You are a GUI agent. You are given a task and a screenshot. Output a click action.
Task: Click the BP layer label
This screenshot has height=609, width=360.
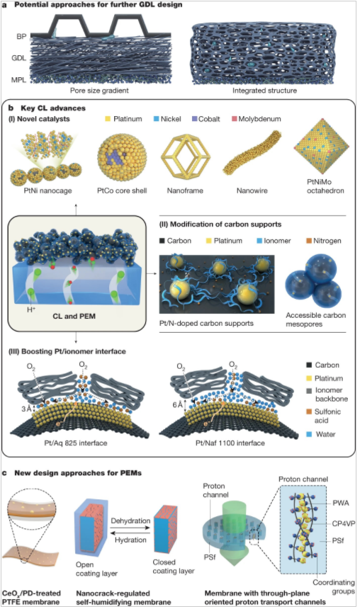click(21, 37)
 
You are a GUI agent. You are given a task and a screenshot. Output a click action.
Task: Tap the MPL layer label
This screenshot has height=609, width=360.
click(18, 79)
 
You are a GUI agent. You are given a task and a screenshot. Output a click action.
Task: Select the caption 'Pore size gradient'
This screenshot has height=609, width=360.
click(99, 91)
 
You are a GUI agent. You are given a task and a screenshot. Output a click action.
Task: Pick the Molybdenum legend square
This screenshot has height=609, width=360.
click(234, 119)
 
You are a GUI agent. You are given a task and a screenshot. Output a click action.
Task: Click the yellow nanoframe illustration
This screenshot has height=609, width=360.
click(185, 157)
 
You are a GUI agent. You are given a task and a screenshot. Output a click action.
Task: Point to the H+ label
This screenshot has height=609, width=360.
click(31, 309)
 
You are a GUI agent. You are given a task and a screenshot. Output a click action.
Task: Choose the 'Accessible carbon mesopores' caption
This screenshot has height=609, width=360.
click(315, 319)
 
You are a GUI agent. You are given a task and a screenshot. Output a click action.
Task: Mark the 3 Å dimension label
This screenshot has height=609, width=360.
click(26, 409)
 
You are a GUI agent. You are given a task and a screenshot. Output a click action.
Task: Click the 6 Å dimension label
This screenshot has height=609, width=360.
click(177, 405)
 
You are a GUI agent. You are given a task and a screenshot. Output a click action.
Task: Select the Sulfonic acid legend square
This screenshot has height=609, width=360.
click(309, 411)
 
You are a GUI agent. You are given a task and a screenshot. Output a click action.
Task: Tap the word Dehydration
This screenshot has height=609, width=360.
click(130, 520)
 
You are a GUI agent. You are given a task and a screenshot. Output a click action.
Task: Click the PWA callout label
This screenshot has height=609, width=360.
click(341, 503)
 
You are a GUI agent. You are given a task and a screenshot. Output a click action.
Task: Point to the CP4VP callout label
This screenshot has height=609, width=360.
click(344, 523)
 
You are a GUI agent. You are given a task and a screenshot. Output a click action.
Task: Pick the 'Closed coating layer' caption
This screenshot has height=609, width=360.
click(174, 567)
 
